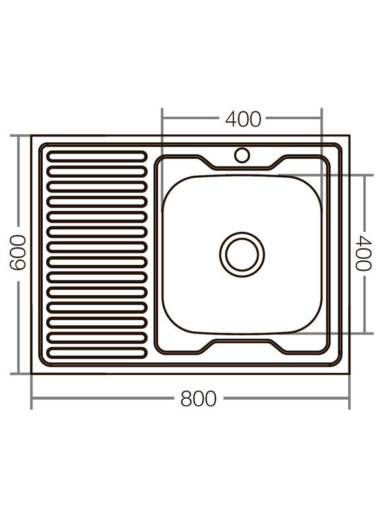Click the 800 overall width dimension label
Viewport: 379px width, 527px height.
[x=197, y=399]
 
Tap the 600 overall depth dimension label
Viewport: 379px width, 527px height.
[x=18, y=253]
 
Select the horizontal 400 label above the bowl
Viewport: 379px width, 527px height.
[x=243, y=119]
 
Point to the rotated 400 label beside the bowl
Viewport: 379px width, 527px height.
[x=362, y=253]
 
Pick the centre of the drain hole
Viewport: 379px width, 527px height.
[x=241, y=254]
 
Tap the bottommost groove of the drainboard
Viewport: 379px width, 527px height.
[x=95, y=350]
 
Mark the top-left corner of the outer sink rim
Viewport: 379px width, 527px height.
[x=32, y=136]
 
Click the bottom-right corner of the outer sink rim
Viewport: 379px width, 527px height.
[x=349, y=372]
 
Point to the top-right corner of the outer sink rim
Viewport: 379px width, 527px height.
[x=349, y=136]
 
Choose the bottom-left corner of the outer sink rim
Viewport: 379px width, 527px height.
[x=32, y=372]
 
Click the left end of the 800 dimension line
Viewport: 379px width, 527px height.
[x=32, y=399]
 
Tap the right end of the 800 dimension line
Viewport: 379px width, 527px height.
[x=349, y=399]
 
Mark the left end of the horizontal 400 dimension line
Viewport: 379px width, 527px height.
[x=162, y=119]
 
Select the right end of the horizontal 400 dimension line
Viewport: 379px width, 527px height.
[x=322, y=119]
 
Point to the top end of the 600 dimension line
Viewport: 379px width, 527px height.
[x=18, y=136]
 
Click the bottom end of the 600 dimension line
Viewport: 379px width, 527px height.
[x=18, y=373]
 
